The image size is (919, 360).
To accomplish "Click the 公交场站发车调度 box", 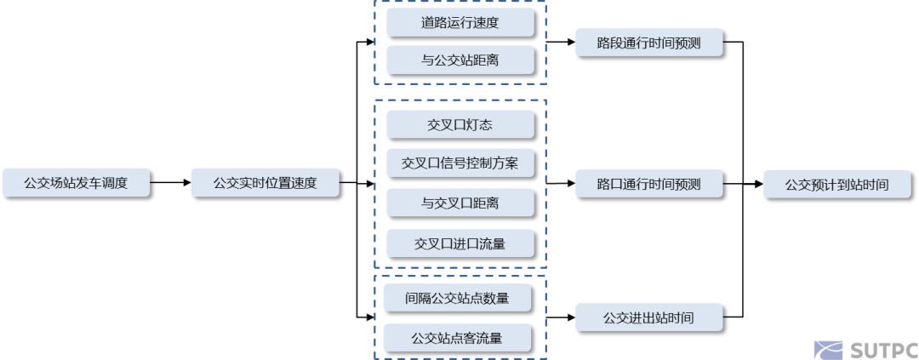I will (x=76, y=182).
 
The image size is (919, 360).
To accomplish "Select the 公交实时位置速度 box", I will (x=265, y=182).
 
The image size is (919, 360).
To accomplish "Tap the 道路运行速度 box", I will (x=460, y=23).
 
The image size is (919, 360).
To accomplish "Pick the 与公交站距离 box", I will (x=460, y=60).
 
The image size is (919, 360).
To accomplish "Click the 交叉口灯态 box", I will (x=460, y=125).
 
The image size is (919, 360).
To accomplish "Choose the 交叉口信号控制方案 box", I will (x=460, y=163).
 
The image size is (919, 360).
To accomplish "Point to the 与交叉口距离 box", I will (x=460, y=203).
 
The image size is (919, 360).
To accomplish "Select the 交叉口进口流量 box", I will (x=460, y=243).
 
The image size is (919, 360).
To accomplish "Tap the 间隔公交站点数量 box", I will (x=458, y=298).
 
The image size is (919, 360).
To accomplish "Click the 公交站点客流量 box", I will (x=458, y=338).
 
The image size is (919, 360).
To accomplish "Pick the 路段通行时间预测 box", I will (x=649, y=43).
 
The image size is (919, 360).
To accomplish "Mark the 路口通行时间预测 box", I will (x=649, y=183).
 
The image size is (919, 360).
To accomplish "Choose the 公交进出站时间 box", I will (x=649, y=318).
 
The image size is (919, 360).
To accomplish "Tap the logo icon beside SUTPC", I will (x=828, y=349).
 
